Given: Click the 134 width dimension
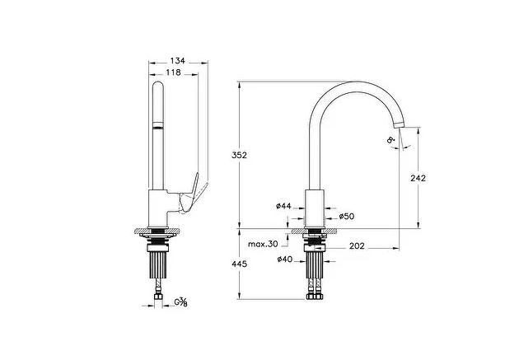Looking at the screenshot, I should coord(177,61).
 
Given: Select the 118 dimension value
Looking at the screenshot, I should coord(173,72).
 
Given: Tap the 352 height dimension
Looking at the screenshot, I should coord(239,154).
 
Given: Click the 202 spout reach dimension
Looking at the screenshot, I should coord(358,245).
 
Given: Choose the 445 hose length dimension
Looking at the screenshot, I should coord(240,264).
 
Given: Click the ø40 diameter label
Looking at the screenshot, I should coord(285,260).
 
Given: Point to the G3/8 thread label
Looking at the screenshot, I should coord(181,302).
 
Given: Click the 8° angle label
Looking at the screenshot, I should coord(390,142).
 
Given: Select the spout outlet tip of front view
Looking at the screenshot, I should coord(400,125).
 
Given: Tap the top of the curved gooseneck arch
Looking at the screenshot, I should coord(358,83).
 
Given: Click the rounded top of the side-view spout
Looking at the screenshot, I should coord(157,86).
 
